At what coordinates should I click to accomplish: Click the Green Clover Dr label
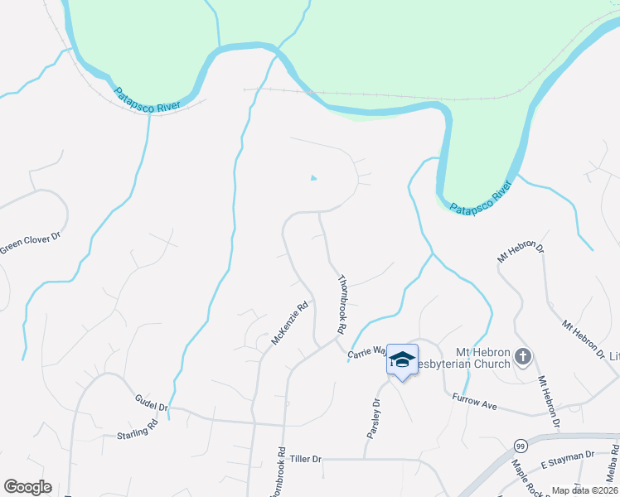[31, 241]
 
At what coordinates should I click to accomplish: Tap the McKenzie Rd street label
[290, 323]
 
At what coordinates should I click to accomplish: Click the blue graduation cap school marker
[402, 359]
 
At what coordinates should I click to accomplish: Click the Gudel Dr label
[152, 403]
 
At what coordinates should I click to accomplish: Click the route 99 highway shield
[521, 445]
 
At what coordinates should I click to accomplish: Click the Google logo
[27, 487]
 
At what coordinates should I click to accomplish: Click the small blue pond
[312, 177]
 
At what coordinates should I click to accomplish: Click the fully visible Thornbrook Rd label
[341, 305]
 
